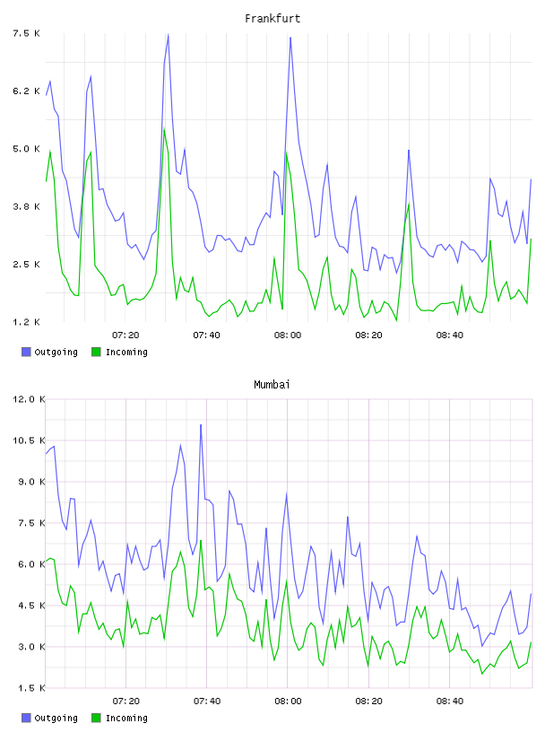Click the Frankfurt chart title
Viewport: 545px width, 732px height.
[x=272, y=19]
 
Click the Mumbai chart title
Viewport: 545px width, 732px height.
[x=272, y=385]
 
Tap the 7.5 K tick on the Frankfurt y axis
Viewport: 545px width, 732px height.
[x=26, y=33]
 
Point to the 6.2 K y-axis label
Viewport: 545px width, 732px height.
[x=26, y=91]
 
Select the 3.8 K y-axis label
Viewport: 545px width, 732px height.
[x=26, y=206]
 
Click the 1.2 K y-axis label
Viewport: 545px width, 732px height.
[x=26, y=322]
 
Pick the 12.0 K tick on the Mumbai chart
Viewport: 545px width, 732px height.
[x=29, y=399]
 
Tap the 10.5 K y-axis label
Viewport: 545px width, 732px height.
[x=29, y=440]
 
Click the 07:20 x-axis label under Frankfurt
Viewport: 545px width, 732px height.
[x=126, y=335]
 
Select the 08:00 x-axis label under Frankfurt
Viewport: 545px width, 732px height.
[x=288, y=335]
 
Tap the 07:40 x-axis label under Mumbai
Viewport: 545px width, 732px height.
[x=207, y=701]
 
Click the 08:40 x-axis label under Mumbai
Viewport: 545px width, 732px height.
[x=450, y=701]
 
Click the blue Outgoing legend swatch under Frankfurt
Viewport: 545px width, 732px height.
[x=26, y=352]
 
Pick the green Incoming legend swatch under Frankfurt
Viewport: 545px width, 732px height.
[x=96, y=352]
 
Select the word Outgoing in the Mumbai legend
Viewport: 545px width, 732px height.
[x=56, y=718]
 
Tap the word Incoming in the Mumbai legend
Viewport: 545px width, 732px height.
[x=126, y=718]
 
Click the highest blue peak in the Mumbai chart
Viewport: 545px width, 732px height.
[x=201, y=425]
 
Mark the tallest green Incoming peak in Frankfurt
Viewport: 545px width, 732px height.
[x=164, y=129]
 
